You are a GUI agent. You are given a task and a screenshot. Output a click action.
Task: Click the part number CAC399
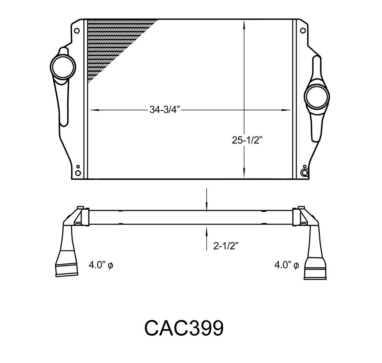click(184, 328)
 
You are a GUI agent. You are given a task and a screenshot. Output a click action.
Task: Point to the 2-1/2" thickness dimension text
click(226, 246)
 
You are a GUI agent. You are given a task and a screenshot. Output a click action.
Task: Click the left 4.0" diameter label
click(101, 265)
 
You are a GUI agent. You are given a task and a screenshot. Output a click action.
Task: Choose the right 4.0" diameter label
click(287, 265)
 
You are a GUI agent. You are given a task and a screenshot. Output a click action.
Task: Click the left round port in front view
click(63, 67)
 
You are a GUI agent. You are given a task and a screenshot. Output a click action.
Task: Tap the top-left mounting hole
click(76, 31)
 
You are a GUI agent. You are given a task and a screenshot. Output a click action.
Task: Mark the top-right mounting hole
click(303, 31)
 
